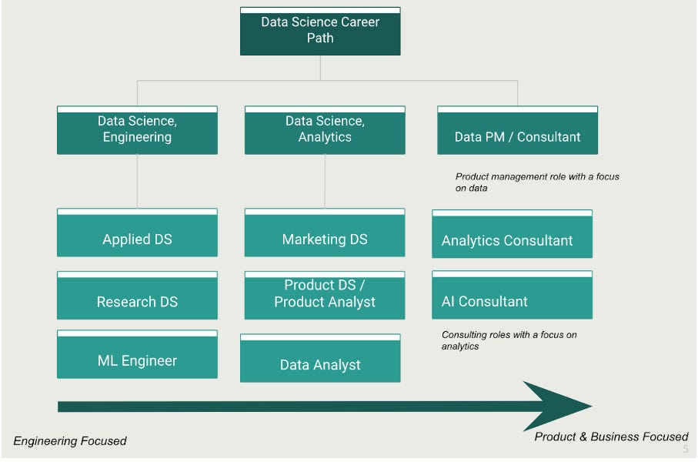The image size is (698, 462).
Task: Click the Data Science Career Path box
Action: point(320,31)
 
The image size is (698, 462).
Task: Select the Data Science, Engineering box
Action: point(137,130)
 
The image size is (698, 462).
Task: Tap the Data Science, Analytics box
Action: point(325,130)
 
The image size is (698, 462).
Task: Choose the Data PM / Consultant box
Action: point(517,131)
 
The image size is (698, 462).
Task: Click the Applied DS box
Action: point(137,233)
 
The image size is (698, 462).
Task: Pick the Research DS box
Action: point(137,296)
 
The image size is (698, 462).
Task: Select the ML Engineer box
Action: point(137,355)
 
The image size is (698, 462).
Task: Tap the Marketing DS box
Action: point(325,233)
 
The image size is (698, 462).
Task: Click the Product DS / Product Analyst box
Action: point(325,295)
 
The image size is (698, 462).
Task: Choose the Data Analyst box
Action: point(320,359)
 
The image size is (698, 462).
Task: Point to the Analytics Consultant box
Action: point(512,234)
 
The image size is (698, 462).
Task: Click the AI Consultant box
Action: point(512,296)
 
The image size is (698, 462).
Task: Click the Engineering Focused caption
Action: point(70,441)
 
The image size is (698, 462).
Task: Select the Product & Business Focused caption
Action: point(611,437)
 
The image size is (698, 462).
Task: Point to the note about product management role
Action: point(537,182)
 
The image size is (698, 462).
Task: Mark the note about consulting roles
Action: point(509,340)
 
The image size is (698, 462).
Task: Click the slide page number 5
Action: point(686,449)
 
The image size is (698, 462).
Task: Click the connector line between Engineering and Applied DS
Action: point(137,181)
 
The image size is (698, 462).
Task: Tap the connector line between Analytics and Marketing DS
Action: point(325,181)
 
